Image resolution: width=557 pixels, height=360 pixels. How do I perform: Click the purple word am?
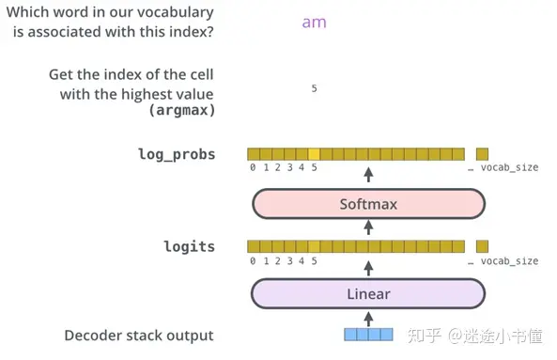(x=314, y=22)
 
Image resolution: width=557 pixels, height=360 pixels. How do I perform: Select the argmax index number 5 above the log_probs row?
(x=314, y=88)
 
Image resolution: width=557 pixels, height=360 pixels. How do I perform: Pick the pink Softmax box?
(x=368, y=203)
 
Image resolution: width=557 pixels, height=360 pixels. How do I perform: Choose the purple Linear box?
(x=368, y=294)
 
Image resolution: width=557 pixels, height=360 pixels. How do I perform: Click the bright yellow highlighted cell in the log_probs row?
(x=314, y=154)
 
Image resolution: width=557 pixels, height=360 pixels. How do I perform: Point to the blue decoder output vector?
(x=368, y=334)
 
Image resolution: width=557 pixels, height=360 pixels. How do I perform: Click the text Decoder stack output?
(x=139, y=336)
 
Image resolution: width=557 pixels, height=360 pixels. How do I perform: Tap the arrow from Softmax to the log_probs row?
(x=368, y=175)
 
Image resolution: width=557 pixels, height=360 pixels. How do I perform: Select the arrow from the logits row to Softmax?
(x=368, y=227)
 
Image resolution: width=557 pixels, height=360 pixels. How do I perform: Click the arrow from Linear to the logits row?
(x=368, y=267)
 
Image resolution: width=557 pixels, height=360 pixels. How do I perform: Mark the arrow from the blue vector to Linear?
(x=368, y=317)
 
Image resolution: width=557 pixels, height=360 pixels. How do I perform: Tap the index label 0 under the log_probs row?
(x=253, y=167)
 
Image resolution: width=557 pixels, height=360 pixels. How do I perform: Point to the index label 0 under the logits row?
(x=253, y=260)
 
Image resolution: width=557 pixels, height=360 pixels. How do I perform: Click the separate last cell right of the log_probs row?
(x=482, y=154)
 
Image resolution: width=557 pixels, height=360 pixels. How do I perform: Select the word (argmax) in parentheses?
(x=181, y=110)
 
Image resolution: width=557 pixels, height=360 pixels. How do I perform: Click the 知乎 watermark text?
(x=424, y=336)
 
